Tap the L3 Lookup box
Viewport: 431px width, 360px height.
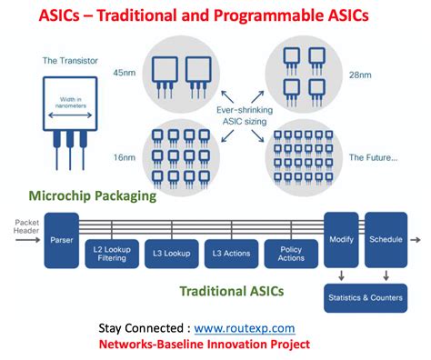[x=171, y=254]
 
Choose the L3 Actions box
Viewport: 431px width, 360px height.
[x=231, y=254]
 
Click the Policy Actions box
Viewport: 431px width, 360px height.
[x=290, y=254]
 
